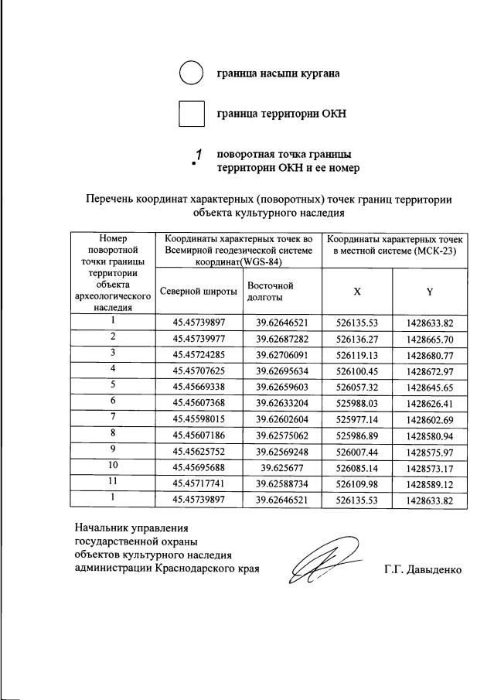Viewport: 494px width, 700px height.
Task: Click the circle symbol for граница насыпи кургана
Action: tap(191, 73)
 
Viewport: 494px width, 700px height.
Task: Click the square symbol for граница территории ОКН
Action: tap(191, 114)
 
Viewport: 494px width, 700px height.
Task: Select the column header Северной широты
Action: tap(199, 291)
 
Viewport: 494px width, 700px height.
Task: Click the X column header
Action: tap(357, 291)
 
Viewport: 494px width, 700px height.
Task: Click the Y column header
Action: tap(428, 291)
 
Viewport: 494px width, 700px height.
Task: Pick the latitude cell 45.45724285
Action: tap(199, 353)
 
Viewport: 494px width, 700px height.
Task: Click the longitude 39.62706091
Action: tap(283, 353)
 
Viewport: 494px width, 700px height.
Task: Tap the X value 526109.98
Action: tap(357, 485)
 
